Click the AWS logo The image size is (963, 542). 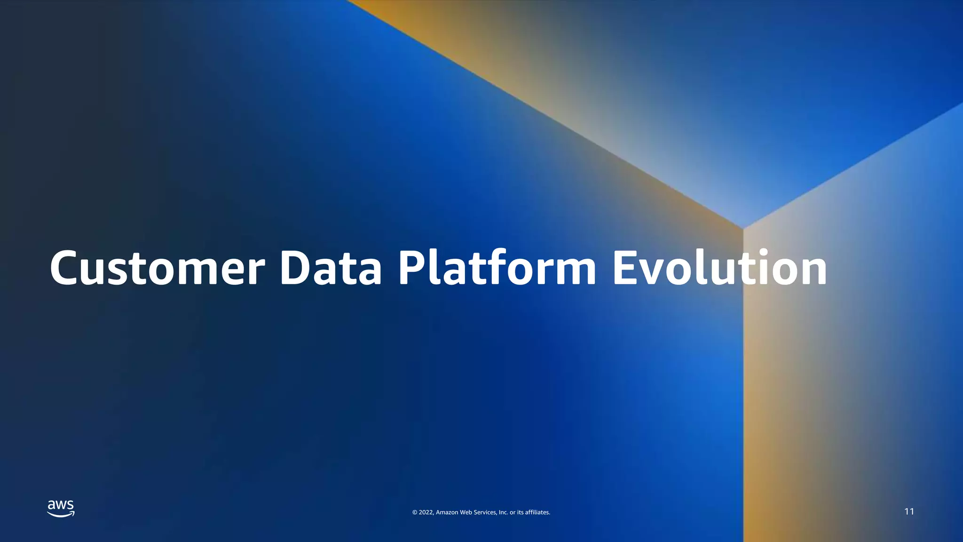[x=61, y=509]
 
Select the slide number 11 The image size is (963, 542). [x=909, y=511]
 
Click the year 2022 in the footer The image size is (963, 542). [x=426, y=512]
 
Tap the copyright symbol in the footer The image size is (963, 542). [x=415, y=512]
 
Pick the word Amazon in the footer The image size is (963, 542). [x=447, y=512]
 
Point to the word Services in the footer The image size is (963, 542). [x=485, y=512]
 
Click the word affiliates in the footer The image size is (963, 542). [x=537, y=512]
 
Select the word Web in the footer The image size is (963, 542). [x=466, y=512]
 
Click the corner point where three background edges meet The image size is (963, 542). [x=743, y=229]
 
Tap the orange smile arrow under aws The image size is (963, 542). [x=61, y=515]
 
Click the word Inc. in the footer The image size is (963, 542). [x=503, y=512]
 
